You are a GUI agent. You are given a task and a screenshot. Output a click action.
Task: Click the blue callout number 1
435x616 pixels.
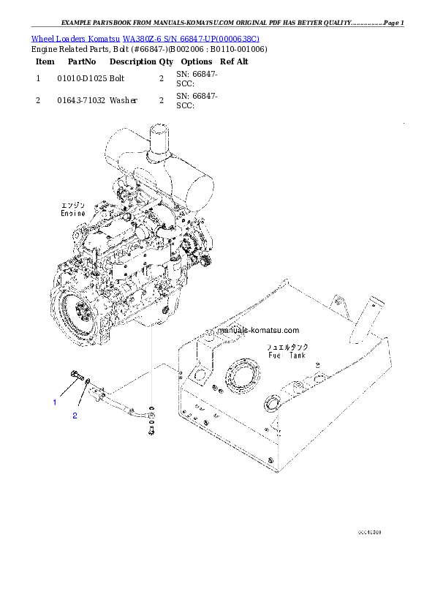pyautogui.click(x=53, y=402)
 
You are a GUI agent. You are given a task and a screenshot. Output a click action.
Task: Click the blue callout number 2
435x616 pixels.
pyautogui.click(x=74, y=416)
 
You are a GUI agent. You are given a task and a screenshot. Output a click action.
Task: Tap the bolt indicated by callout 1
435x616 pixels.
pyautogui.click(x=75, y=377)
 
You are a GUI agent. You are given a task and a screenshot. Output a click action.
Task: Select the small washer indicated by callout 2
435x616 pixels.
pyautogui.click(x=88, y=381)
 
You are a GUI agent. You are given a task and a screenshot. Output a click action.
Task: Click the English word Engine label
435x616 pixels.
pyautogui.click(x=72, y=214)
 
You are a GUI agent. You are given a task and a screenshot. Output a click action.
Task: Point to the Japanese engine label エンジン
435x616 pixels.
pyautogui.click(x=72, y=205)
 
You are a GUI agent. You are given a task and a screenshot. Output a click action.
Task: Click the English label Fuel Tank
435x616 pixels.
pyautogui.click(x=286, y=355)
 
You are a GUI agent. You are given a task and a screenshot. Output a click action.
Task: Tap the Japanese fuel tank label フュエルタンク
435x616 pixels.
pyautogui.click(x=286, y=346)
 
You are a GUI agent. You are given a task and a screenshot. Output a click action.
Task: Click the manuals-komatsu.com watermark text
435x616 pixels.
pyautogui.click(x=259, y=330)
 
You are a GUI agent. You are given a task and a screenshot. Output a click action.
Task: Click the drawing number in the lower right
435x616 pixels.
pyautogui.click(x=369, y=533)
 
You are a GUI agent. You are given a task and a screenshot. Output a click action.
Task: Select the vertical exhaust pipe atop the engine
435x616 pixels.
pyautogui.click(x=159, y=140)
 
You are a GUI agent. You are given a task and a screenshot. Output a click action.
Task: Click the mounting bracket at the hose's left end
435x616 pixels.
pyautogui.click(x=97, y=391)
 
